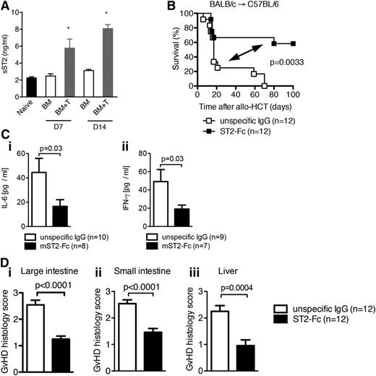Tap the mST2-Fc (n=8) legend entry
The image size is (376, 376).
point(64,245)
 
